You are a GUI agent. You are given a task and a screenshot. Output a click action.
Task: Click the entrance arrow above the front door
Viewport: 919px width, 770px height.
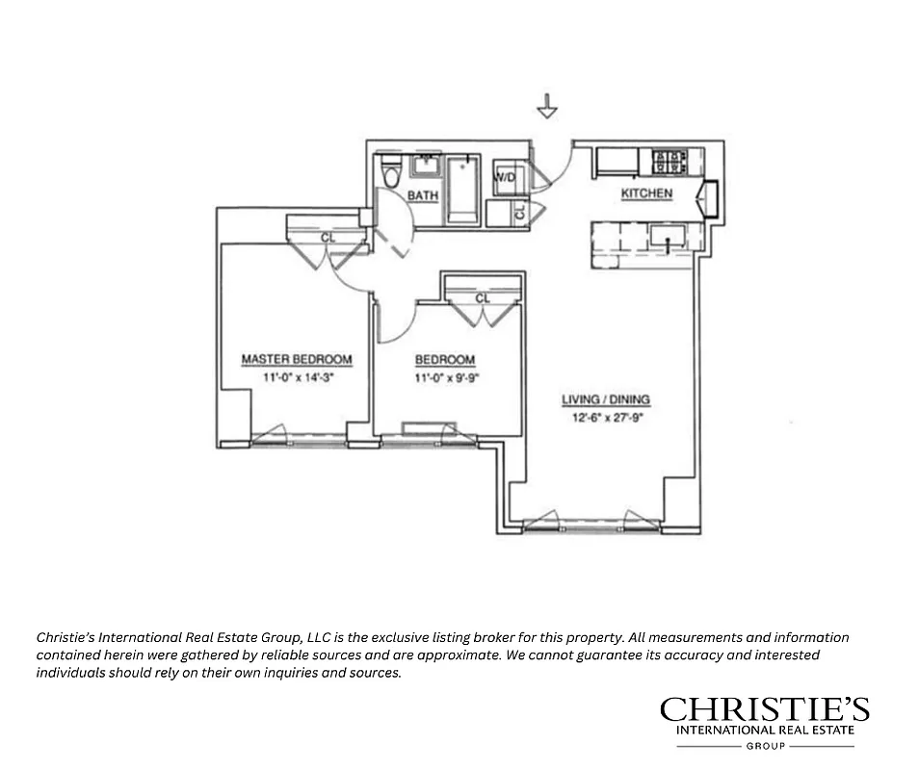coord(547,106)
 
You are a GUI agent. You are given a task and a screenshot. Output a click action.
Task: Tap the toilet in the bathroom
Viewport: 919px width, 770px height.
coord(390,177)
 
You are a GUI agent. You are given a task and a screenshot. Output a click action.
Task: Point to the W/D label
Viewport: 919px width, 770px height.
coord(504,178)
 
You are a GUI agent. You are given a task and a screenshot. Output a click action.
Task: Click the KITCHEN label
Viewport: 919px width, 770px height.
coord(645,194)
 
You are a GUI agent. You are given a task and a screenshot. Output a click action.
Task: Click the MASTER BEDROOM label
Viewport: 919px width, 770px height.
coord(296,359)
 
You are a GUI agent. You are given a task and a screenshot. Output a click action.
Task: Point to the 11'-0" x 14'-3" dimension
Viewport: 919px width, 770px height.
coord(296,377)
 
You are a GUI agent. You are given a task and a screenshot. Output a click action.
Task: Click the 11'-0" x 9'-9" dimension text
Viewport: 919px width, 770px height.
coord(446,377)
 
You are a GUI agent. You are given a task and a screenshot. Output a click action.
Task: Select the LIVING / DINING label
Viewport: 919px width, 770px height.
coord(606,398)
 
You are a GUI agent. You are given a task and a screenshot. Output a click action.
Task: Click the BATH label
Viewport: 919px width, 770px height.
coord(422,195)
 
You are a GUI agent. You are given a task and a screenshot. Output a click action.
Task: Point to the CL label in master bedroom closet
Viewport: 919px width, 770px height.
coord(328,236)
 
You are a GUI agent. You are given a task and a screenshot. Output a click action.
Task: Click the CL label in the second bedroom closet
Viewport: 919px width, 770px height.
coord(483,298)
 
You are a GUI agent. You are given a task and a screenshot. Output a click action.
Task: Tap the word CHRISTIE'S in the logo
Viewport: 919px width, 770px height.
coord(764,710)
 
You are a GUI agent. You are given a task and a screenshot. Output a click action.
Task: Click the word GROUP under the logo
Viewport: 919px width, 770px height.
coord(764,746)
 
